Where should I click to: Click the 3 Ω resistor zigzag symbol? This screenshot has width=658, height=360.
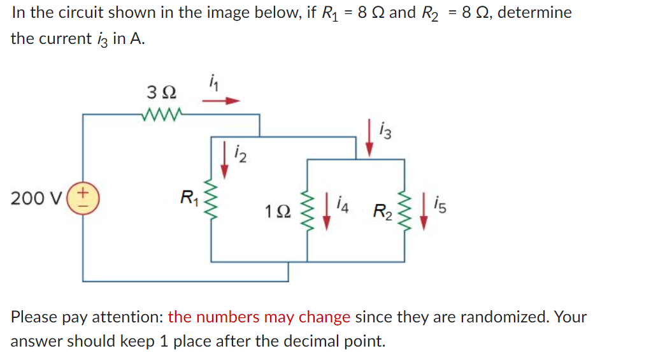pos(164,115)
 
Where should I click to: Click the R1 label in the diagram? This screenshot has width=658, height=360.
pos(189,198)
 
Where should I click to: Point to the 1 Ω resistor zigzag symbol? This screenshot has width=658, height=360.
pos(308,210)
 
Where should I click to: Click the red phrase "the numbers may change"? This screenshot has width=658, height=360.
pos(259,317)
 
